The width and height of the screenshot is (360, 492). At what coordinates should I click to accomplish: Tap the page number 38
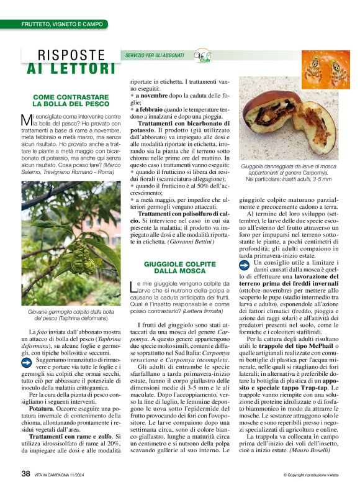(x=26, y=473)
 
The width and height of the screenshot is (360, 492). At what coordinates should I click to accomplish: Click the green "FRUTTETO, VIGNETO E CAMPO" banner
(x=62, y=24)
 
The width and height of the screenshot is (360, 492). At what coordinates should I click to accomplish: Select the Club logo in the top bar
(x=202, y=55)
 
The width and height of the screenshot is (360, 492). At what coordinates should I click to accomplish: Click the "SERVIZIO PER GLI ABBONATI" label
(x=155, y=56)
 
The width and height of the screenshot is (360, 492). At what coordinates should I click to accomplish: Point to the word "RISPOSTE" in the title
(x=71, y=56)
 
